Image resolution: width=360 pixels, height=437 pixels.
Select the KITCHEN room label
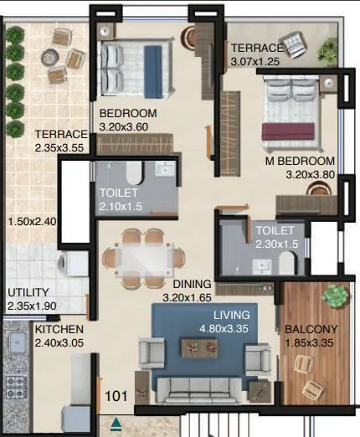[x=59, y=330]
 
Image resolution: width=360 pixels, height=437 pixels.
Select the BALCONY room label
[x=309, y=329]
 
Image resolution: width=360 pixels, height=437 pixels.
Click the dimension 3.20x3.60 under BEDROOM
[x=128, y=126]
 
